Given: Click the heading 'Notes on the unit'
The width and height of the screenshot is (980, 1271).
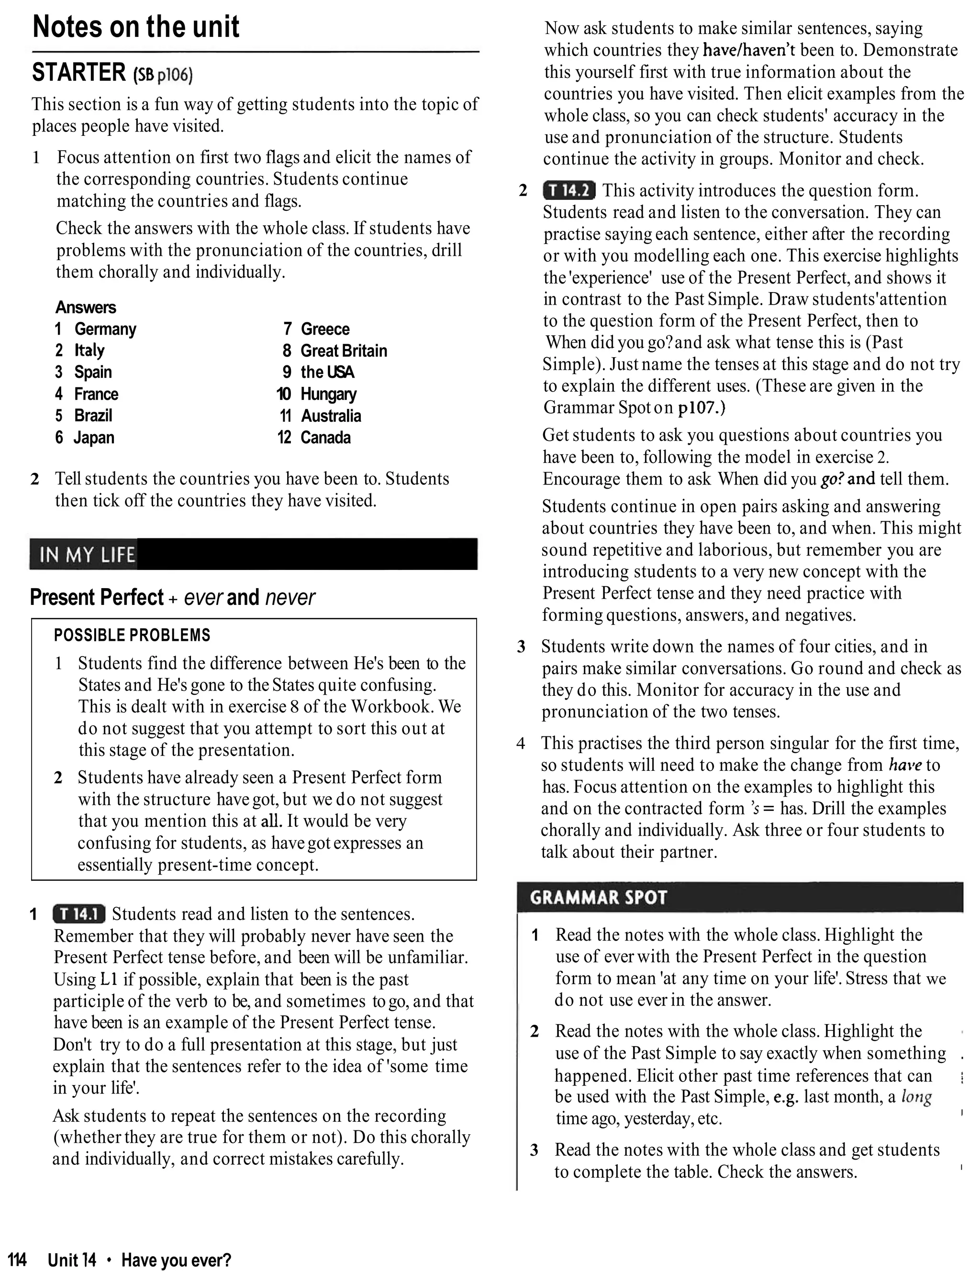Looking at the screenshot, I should point(136,27).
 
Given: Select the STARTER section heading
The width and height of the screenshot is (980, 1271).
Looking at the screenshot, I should point(78,73).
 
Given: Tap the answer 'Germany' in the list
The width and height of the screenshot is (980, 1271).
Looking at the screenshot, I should point(105,329).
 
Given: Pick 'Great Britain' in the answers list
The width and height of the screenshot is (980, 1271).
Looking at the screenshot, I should point(344,351).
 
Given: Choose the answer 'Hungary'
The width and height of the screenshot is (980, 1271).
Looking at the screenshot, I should point(328,394).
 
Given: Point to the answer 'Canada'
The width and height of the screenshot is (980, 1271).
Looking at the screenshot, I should point(325,438).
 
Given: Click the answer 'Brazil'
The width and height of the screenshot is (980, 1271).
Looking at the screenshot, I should point(93,416).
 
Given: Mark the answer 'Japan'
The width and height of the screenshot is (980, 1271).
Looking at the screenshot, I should point(94,438).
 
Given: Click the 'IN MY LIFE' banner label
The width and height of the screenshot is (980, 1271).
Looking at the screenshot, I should point(88,555).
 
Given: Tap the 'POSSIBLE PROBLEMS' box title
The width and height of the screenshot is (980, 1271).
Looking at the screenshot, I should point(132,635).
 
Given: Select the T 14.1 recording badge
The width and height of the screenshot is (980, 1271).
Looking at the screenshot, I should point(78,914).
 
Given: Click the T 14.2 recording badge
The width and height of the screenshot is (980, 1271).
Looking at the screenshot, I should point(569,190).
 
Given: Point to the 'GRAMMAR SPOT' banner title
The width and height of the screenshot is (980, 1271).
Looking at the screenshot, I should point(598,898).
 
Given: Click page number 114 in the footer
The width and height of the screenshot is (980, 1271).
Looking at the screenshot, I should point(18,1260).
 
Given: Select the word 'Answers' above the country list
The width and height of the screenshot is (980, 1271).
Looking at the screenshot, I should point(86,307).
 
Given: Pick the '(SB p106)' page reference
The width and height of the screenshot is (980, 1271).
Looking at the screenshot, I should point(163,75).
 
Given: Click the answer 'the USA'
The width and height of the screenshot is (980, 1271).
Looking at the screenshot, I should point(327,373).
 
